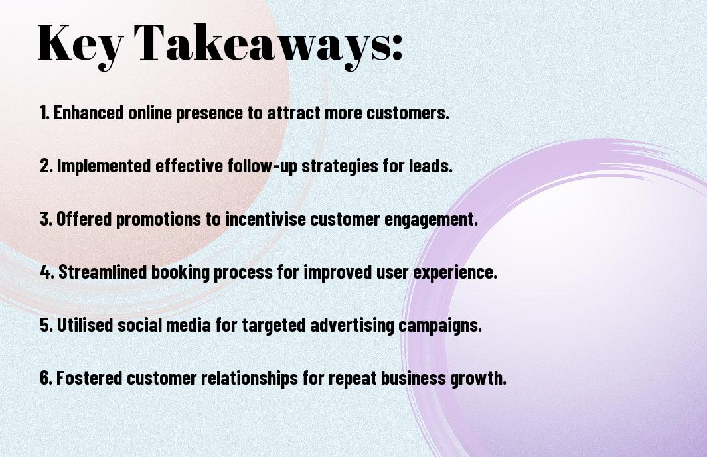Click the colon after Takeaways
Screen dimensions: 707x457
pos(397,47)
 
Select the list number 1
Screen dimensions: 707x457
pos(44,113)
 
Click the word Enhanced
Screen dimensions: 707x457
pos(89,113)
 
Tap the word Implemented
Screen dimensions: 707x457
pos(104,165)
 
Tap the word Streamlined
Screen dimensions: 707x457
pos(103,272)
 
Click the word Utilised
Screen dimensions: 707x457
pos(85,325)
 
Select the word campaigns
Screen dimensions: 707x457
pos(441,326)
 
